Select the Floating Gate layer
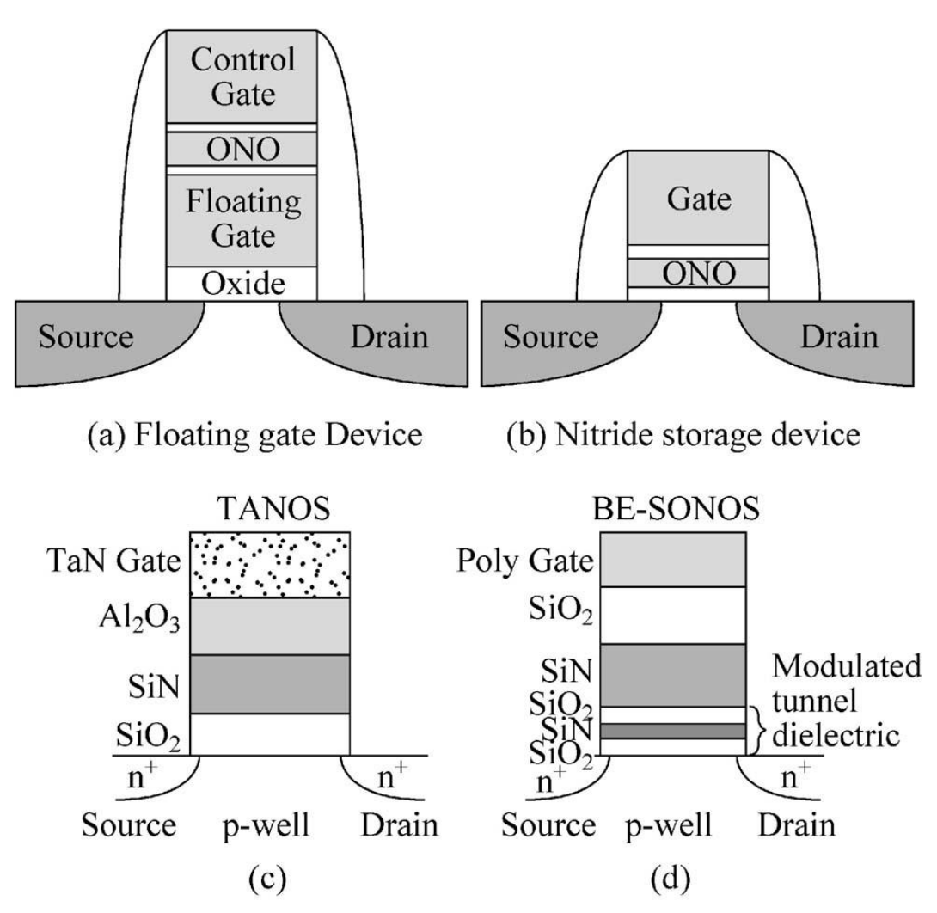pyautogui.click(x=242, y=220)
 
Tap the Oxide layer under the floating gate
pyautogui.click(x=242, y=283)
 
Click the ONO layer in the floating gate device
pyautogui.click(x=242, y=150)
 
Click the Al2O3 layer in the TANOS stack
pyautogui.click(x=269, y=627)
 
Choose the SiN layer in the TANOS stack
pyautogui.click(x=269, y=684)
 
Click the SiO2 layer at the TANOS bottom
pyautogui.click(x=269, y=732)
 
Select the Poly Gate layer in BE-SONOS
pyautogui.click(x=671, y=560)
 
